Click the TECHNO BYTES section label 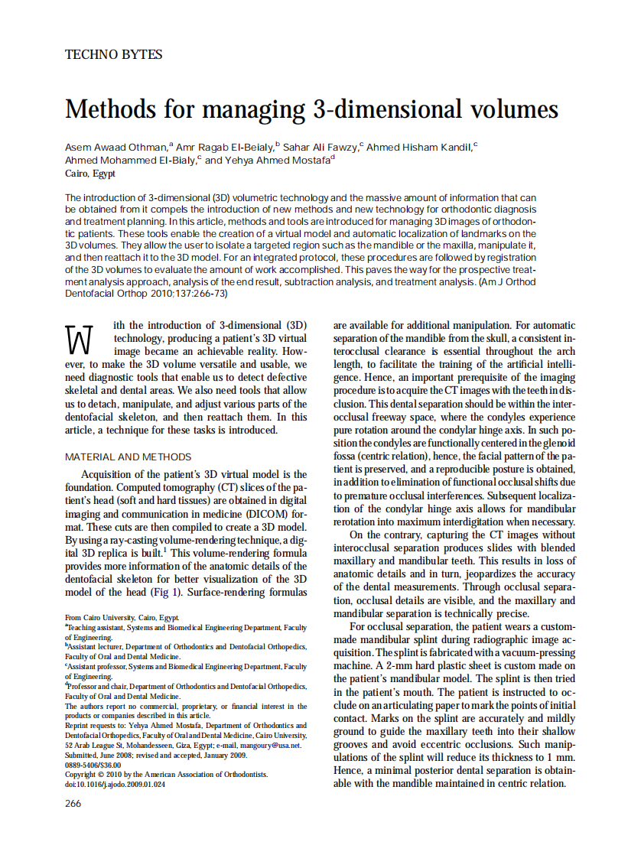(x=113, y=54)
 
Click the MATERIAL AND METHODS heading (x=128, y=457)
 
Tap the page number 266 (x=73, y=803)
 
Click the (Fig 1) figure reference (x=178, y=592)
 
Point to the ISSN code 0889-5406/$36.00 (x=93, y=764)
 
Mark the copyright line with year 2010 (x=166, y=774)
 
